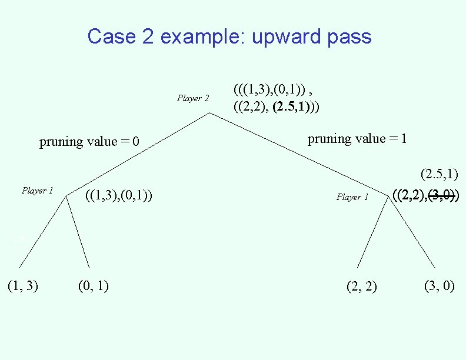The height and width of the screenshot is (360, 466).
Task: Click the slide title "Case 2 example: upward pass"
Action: click(x=229, y=36)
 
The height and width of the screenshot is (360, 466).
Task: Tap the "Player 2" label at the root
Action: click(x=193, y=98)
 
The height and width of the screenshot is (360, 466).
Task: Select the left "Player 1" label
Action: click(x=37, y=191)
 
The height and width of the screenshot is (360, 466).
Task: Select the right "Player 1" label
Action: click(x=352, y=197)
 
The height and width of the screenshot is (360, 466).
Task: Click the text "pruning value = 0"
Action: click(x=89, y=142)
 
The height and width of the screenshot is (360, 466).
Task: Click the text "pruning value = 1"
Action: click(x=357, y=139)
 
